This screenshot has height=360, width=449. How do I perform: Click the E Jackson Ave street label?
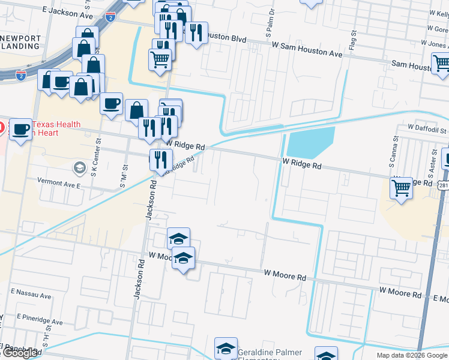pyautogui.click(x=67, y=11)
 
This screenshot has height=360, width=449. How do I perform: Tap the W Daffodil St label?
pyautogui.click(x=427, y=129)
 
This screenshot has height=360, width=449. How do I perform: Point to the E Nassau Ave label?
pyautogui.click(x=31, y=295)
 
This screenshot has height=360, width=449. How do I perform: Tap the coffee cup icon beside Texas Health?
pyautogui.click(x=20, y=128)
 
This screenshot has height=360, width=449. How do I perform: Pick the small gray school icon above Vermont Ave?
pyautogui.click(x=79, y=167)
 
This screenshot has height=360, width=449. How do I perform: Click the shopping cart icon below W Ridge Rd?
pyautogui.click(x=401, y=188)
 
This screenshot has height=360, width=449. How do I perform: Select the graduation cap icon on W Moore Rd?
pyautogui.click(x=183, y=259)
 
